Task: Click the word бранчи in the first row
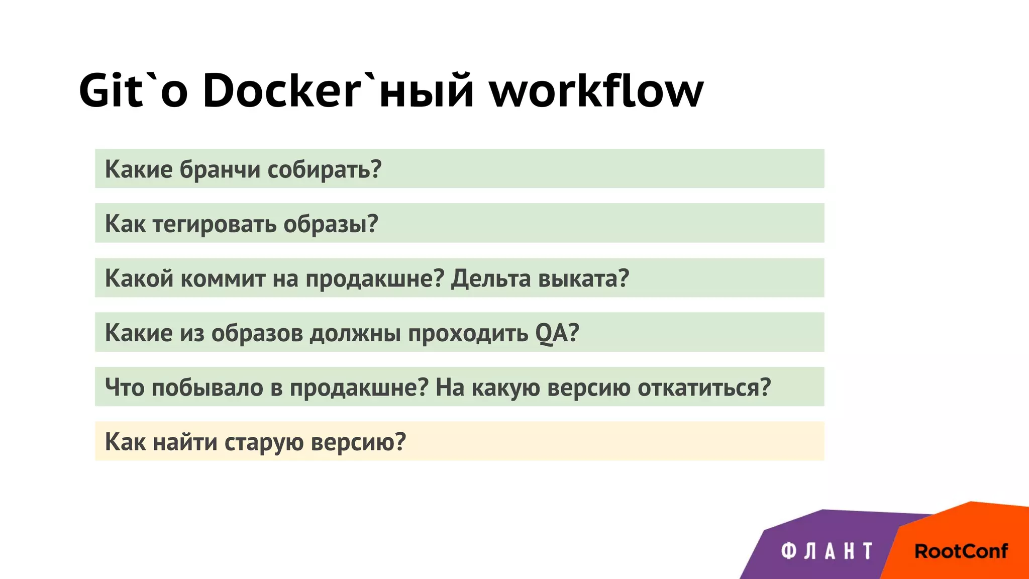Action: [x=220, y=169]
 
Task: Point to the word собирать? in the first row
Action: [x=324, y=169]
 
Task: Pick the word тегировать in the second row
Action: [x=214, y=224]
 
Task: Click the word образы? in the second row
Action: [x=330, y=224]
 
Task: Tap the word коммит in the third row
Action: [x=223, y=278]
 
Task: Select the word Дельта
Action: [x=490, y=278]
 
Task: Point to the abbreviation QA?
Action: [x=557, y=333]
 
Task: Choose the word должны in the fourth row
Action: [x=355, y=333]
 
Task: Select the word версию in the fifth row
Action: [x=588, y=387]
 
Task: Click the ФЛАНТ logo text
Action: [x=827, y=551]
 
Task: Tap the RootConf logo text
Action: [x=961, y=551]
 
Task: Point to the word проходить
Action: [x=468, y=333]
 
